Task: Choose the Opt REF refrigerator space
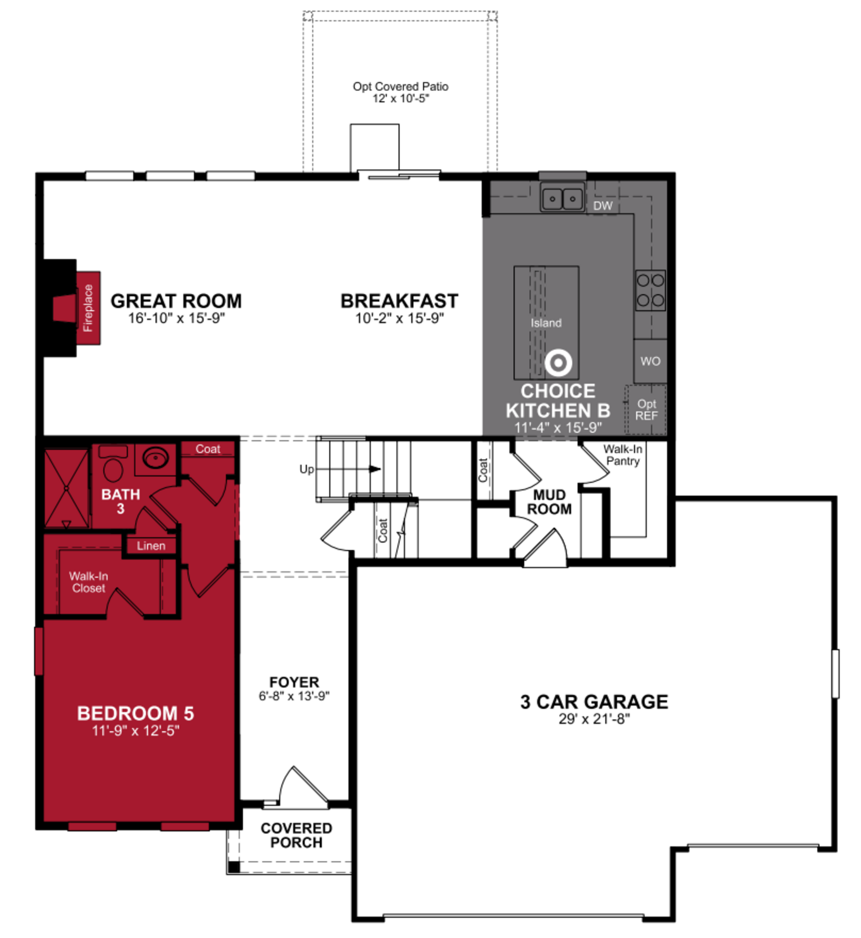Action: coord(646,410)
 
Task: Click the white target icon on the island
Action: coord(558,362)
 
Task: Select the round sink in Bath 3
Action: coord(156,458)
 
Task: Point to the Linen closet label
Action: coord(151,546)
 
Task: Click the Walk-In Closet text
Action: coord(89,582)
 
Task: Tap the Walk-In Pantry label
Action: coord(622,455)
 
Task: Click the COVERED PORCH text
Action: coord(296,835)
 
